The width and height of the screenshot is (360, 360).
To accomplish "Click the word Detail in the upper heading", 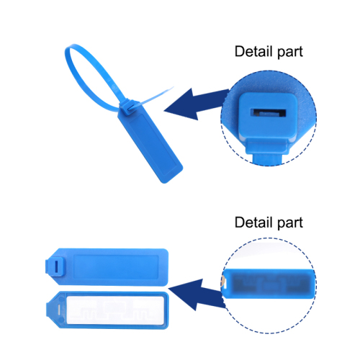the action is point(253,51).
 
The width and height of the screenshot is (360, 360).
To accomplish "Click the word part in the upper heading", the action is point(290,53).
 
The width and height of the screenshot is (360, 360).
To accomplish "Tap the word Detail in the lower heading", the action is point(253,222).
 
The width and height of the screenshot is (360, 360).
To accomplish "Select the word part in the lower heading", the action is point(290,224).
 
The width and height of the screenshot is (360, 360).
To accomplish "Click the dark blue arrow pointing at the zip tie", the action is point(196,104).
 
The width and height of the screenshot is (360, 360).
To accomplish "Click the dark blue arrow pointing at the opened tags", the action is point(197,294).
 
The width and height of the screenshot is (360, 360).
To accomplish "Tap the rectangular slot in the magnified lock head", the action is point(269,113).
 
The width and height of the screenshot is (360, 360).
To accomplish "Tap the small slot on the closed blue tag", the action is point(56,266).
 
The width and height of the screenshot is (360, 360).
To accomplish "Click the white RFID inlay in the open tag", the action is point(114,310).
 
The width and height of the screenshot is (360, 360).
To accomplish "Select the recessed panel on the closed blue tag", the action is point(116,267).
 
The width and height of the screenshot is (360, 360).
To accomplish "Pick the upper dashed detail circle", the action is point(221,118).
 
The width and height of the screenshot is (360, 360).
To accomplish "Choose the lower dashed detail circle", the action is point(221,286).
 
